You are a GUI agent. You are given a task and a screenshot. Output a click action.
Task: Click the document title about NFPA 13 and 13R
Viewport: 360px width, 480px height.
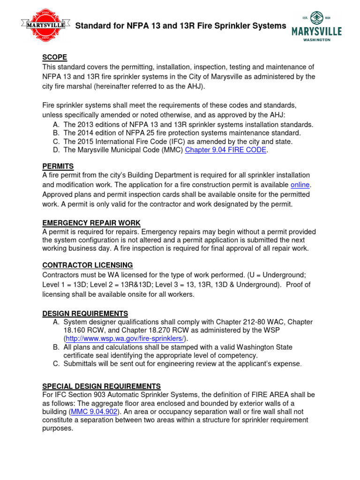(x=180, y=26)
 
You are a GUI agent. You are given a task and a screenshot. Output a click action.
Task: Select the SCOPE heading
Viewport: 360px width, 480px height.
(x=55, y=58)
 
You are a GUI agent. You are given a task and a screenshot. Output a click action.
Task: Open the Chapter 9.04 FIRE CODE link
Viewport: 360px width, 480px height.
(x=225, y=150)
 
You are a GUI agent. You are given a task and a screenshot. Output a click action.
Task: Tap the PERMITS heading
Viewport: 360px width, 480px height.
(x=58, y=166)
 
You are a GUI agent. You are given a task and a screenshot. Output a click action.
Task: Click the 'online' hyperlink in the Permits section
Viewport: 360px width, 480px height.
(x=300, y=185)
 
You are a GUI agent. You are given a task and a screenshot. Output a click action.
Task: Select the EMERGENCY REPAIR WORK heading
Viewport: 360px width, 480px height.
(x=91, y=223)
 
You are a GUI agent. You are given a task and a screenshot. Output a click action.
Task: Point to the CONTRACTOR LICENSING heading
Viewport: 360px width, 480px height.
(x=88, y=265)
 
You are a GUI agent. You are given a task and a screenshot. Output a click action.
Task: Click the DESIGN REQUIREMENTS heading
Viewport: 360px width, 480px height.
(x=85, y=313)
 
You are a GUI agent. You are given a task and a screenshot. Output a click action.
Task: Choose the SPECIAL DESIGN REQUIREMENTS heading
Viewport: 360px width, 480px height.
(x=102, y=386)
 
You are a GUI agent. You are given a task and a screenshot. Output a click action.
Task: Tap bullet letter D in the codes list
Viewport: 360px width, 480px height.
(x=56, y=150)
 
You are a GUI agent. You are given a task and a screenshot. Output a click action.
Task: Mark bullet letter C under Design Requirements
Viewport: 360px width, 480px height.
(x=56, y=364)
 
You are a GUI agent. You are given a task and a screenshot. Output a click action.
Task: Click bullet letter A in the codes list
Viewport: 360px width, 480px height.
(x=56, y=125)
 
